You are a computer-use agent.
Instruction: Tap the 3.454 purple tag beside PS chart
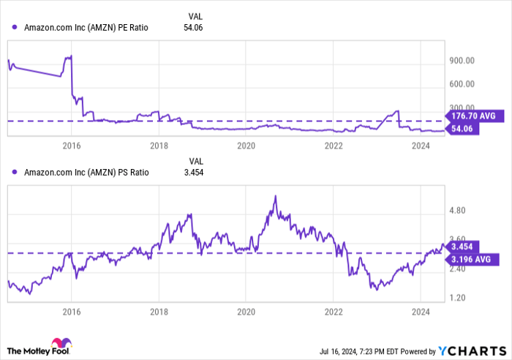(x=463, y=247)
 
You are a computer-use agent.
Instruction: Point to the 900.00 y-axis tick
(x=462, y=61)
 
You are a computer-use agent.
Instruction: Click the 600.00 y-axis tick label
(x=462, y=84)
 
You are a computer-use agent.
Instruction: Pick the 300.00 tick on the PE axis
(x=462, y=107)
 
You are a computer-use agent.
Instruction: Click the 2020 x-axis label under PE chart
(x=246, y=146)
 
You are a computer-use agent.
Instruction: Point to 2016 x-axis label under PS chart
(x=71, y=310)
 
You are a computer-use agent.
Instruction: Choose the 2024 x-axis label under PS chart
(x=421, y=310)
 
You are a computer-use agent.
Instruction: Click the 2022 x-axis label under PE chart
(x=334, y=146)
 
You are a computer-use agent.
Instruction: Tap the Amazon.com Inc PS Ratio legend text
(x=86, y=173)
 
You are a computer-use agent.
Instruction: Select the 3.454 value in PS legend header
(x=195, y=173)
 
